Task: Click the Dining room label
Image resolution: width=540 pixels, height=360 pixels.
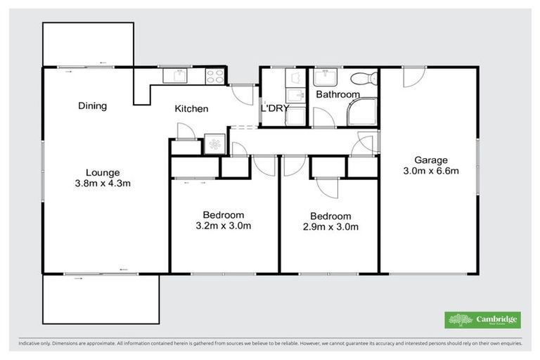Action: [x=92, y=106]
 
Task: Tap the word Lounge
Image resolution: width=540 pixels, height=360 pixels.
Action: [x=103, y=172]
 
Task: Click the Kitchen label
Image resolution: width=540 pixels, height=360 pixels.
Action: [x=191, y=109]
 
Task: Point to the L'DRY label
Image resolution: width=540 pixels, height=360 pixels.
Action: [x=275, y=108]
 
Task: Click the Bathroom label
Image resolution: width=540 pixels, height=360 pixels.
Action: [x=337, y=94]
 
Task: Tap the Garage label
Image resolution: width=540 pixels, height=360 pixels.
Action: [x=431, y=160]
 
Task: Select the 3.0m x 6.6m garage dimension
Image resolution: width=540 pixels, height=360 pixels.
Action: [x=431, y=170]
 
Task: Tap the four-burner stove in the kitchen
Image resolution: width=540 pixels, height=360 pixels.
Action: [x=214, y=75]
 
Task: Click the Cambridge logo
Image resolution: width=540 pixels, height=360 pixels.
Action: [x=482, y=319]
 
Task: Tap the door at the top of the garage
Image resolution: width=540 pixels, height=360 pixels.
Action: [x=414, y=77]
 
